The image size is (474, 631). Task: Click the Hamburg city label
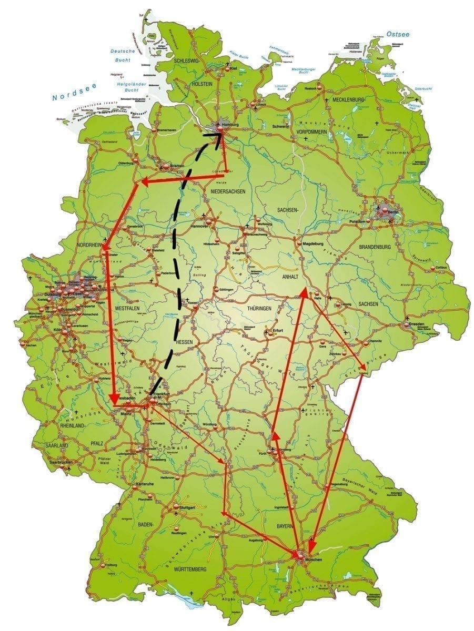230,124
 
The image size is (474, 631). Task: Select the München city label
311,559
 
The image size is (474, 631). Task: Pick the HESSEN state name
185,342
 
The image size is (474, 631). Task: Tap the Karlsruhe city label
145,483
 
